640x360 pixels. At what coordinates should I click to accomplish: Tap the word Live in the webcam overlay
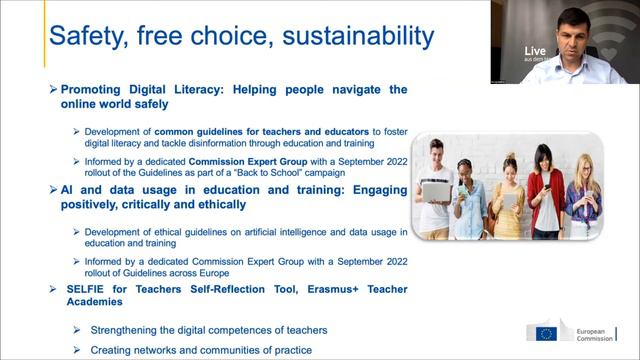pyautogui.click(x=536, y=50)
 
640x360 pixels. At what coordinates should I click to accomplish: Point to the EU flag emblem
pyautogui.click(x=546, y=333)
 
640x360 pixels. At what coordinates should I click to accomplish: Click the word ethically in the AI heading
pyautogui.click(x=215, y=204)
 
